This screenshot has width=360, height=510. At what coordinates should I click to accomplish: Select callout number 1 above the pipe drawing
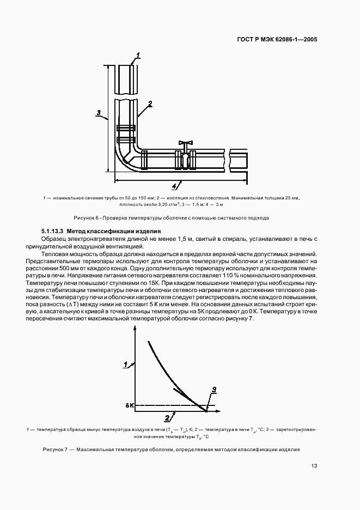(x=138, y=54)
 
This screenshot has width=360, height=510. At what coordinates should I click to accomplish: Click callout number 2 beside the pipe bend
(x=149, y=103)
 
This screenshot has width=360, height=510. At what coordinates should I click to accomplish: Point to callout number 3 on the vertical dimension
(x=99, y=113)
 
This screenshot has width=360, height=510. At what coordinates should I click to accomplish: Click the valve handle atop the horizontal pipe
(x=186, y=143)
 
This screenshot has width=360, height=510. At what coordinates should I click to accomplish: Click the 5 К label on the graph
(x=129, y=406)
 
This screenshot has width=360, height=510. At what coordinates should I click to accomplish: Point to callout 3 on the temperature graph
(x=214, y=389)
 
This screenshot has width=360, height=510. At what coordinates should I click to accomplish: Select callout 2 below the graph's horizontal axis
(x=167, y=418)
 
